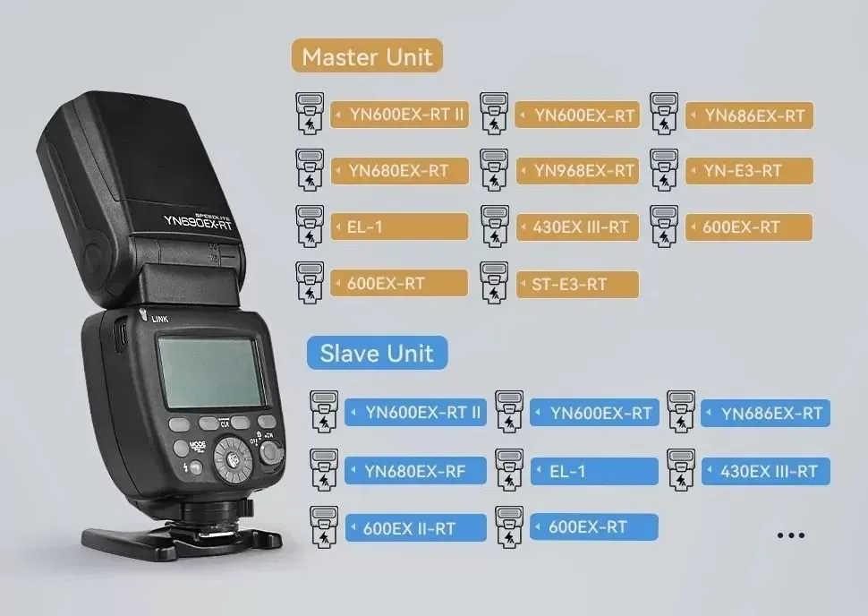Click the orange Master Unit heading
[x=367, y=56]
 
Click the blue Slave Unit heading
[x=377, y=353]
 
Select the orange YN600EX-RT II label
[x=399, y=115]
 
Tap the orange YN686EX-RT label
[x=749, y=115]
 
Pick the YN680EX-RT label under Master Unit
[x=399, y=171]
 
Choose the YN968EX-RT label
[x=577, y=171]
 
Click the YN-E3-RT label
[x=749, y=171]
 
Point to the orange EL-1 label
[x=399, y=227]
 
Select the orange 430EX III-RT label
[x=577, y=227]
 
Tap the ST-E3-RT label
[x=577, y=284]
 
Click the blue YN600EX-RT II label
[x=415, y=413]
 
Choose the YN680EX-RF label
[x=415, y=471]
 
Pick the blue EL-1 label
[x=594, y=471]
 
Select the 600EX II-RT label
[x=415, y=528]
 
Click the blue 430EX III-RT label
[x=766, y=471]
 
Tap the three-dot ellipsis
[x=790, y=535]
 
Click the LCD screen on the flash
[x=211, y=372]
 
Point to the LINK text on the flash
[x=160, y=319]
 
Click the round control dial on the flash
[x=233, y=459]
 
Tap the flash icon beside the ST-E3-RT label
[x=494, y=283]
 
